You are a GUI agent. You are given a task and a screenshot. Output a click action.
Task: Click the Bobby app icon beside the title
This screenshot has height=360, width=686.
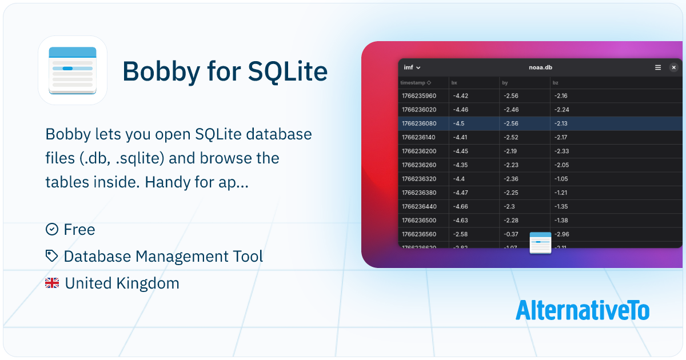click(x=73, y=70)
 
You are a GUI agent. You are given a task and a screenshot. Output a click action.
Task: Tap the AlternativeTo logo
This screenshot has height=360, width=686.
click(x=582, y=310)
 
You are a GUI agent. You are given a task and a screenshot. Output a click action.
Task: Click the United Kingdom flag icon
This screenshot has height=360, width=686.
click(x=52, y=283)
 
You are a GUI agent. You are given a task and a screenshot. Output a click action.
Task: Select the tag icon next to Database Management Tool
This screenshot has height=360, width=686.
click(x=52, y=256)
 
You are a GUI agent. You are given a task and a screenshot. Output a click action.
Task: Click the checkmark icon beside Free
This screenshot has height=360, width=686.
click(x=52, y=229)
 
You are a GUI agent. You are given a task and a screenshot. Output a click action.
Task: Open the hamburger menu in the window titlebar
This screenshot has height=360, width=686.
click(x=658, y=67)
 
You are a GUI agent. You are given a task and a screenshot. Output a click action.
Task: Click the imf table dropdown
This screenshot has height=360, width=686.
click(x=412, y=67)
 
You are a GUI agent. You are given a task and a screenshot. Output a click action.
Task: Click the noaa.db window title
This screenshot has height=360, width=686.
click(x=540, y=67)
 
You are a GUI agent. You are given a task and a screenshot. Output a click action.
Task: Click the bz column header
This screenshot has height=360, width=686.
click(x=556, y=83)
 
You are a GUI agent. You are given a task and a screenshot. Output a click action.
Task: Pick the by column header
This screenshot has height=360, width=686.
click(x=505, y=83)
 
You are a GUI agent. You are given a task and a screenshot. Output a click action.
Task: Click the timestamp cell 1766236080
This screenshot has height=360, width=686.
click(x=419, y=123)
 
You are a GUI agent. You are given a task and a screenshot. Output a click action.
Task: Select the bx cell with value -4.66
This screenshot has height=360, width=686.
click(x=460, y=206)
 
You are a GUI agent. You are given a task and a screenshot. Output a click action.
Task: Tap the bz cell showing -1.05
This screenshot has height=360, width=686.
click(x=561, y=179)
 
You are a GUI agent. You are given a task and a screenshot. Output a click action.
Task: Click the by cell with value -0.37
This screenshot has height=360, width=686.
click(x=510, y=234)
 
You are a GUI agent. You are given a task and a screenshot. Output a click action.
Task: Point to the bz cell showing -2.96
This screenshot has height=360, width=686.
click(x=561, y=234)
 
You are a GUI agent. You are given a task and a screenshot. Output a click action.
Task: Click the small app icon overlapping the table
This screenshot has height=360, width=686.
click(x=540, y=243)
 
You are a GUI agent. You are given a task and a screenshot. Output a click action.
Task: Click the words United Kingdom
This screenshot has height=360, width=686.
click(x=122, y=283)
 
